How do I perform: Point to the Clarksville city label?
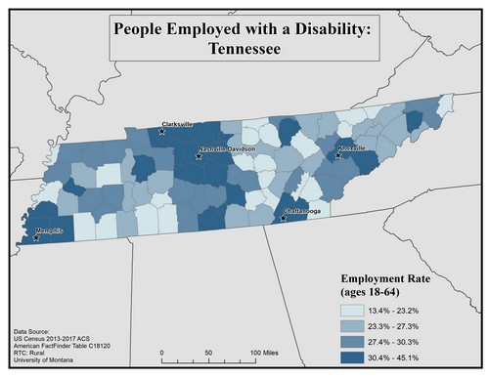(x=178, y=124)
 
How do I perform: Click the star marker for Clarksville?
(x=163, y=130)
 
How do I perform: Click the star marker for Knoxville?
(x=340, y=154)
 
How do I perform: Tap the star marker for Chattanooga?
(x=285, y=219)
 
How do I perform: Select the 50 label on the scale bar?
(x=207, y=353)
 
